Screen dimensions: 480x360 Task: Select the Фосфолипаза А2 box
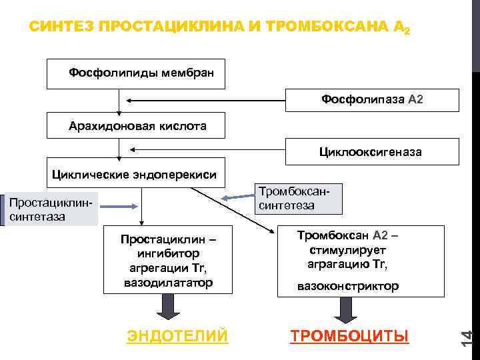coord(372,100)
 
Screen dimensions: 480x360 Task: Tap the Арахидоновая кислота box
coord(137,125)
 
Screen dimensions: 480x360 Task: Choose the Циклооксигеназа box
coord(372,152)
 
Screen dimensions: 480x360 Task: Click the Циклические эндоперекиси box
coord(135,173)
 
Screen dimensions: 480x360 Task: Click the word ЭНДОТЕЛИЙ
coord(177,335)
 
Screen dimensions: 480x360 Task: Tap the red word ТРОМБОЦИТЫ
coord(349,335)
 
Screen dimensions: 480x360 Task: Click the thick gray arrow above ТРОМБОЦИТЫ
coord(345,307)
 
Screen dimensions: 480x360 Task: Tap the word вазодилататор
coord(168,283)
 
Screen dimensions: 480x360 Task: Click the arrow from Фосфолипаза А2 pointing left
coord(207,100)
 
